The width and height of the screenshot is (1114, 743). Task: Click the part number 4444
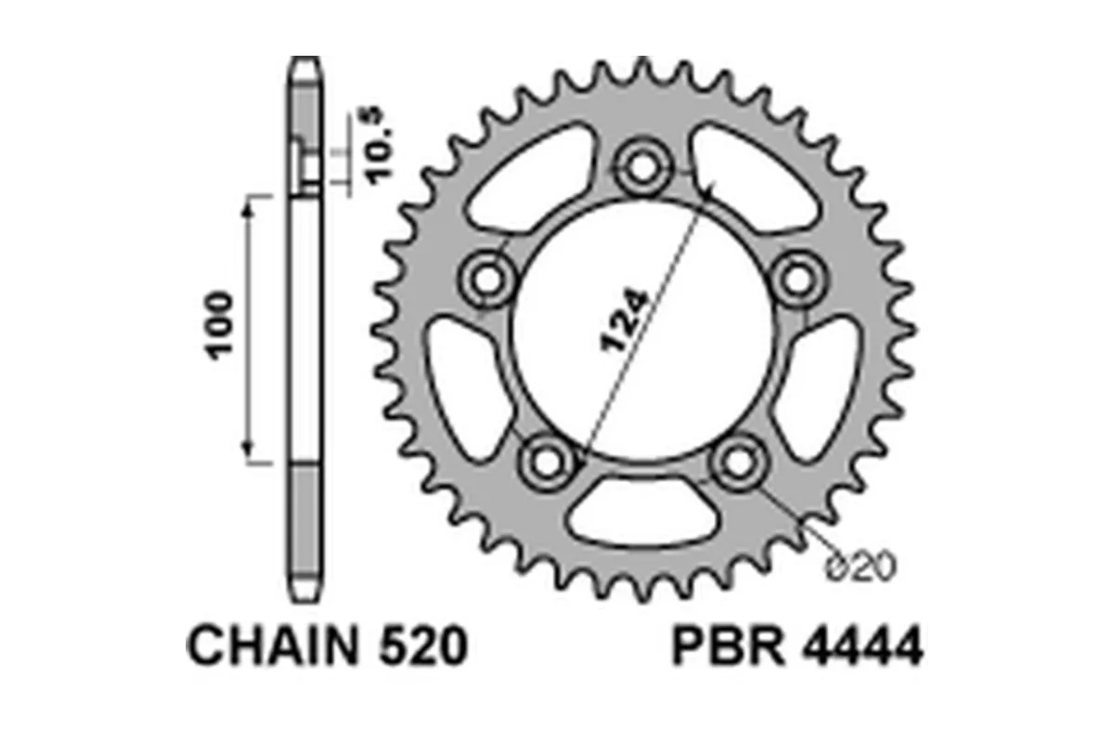coord(859,647)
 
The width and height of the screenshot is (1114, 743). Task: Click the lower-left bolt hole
coord(547,461)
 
